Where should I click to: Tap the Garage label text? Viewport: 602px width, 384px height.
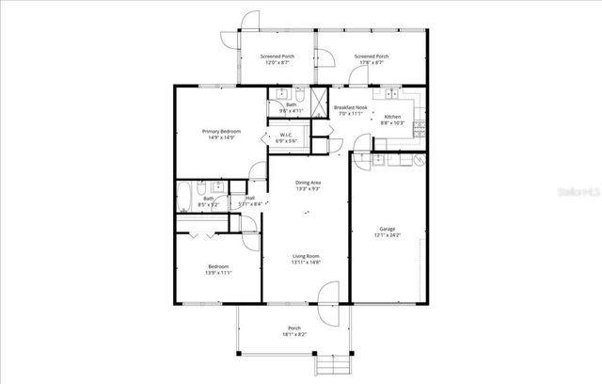tap(387, 228)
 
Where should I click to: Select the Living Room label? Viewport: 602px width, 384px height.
tap(306, 256)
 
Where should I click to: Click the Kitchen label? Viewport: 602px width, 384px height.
tap(392, 117)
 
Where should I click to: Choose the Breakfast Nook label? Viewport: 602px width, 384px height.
tap(350, 107)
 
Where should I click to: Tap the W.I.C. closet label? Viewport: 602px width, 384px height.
tap(286, 135)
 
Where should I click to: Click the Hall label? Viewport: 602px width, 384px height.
tap(250, 197)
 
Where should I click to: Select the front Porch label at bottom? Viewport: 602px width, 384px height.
tap(294, 328)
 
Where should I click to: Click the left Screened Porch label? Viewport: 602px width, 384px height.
tap(277, 56)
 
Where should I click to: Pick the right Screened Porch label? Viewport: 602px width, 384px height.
tap(372, 56)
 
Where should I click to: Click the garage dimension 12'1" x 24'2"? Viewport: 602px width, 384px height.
tap(387, 234)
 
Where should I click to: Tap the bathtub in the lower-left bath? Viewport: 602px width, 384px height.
tap(185, 199)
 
